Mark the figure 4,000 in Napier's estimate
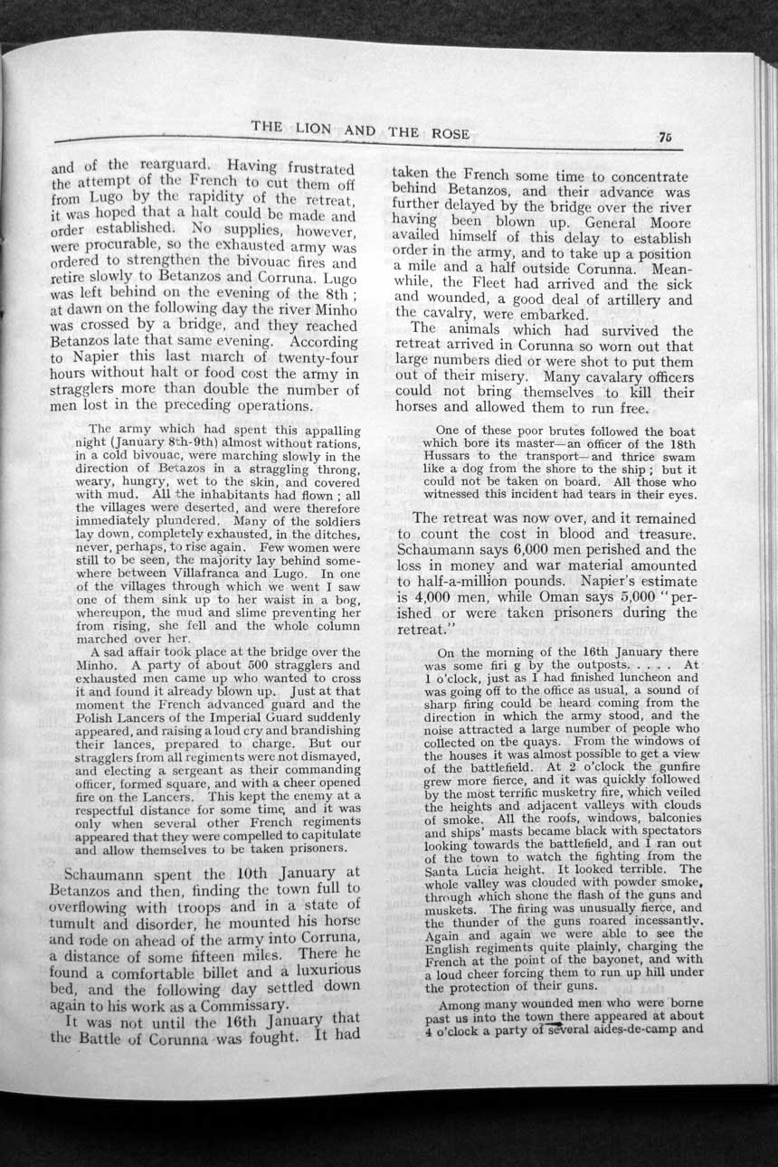[x=438, y=597]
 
